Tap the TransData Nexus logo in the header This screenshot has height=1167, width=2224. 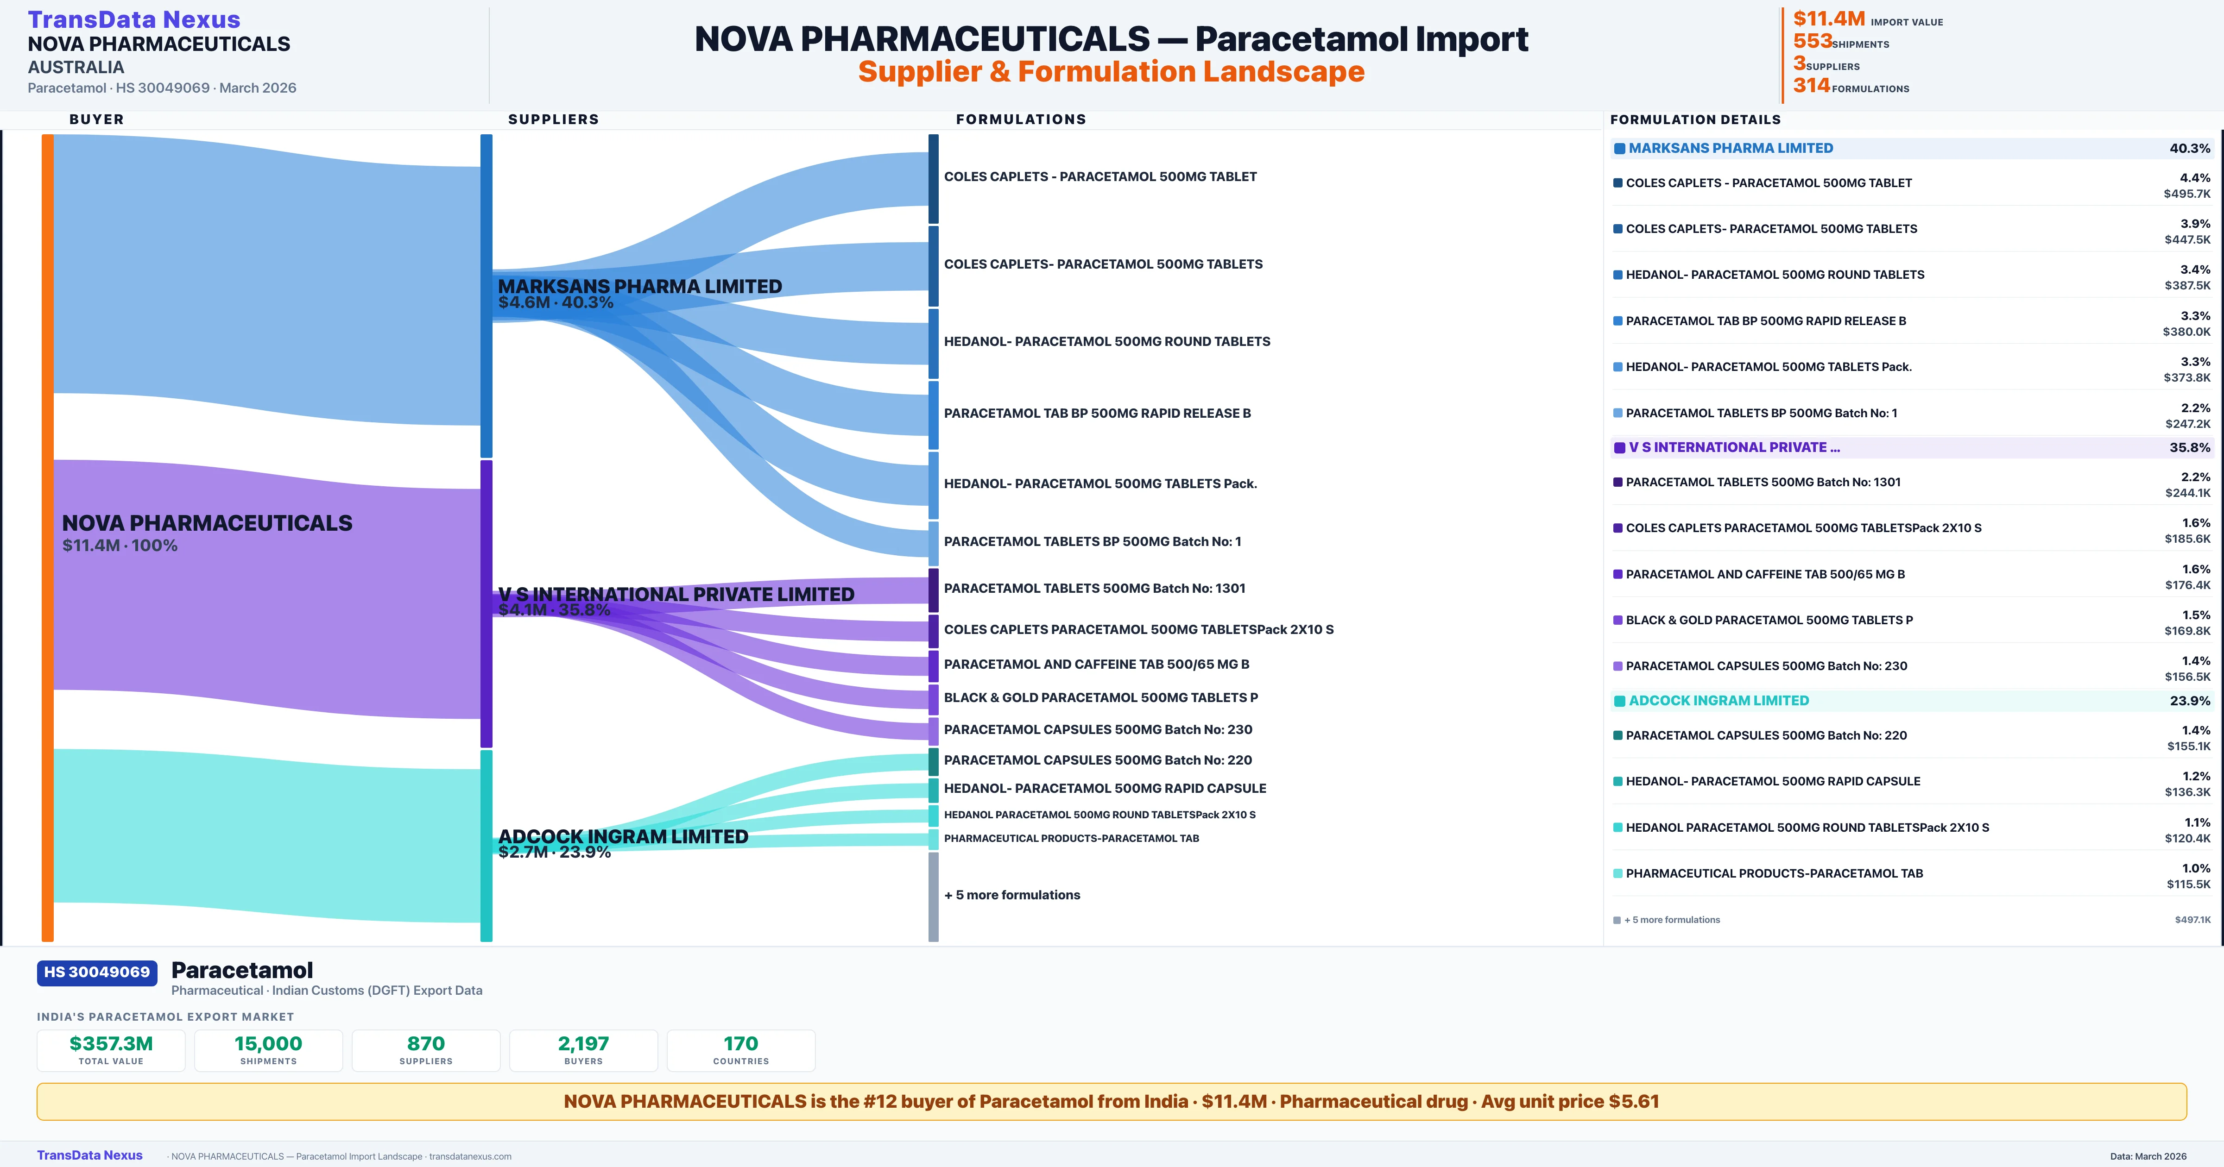click(134, 19)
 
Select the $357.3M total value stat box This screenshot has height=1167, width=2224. click(111, 1050)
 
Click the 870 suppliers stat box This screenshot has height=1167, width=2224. click(426, 1050)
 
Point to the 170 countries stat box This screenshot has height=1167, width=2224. click(741, 1050)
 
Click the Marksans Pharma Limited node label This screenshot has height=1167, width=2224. click(640, 287)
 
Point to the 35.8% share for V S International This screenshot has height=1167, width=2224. click(2189, 448)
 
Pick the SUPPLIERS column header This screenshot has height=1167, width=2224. click(553, 119)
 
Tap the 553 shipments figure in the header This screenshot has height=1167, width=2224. click(1812, 41)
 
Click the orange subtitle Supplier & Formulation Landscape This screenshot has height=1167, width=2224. click(1111, 72)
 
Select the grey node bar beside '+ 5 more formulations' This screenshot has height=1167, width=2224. click(933, 896)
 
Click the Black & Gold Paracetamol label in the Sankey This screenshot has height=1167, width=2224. click(1101, 697)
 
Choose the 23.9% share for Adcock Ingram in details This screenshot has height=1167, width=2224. click(2189, 701)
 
